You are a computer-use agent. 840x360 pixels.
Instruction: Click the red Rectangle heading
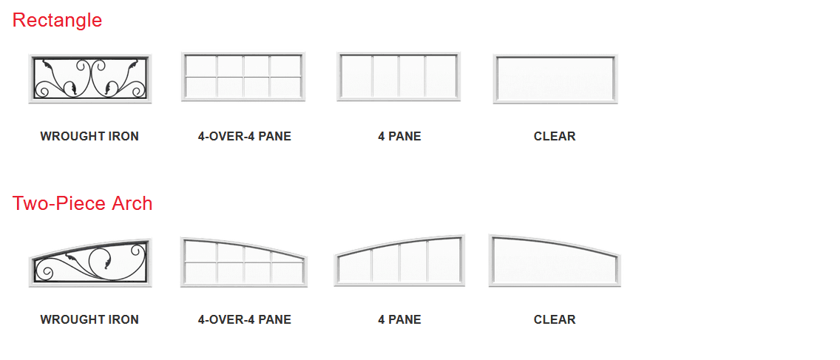[x=57, y=20]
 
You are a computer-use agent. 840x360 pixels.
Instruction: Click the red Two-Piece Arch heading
[x=83, y=203]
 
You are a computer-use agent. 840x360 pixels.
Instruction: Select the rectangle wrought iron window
[x=90, y=78]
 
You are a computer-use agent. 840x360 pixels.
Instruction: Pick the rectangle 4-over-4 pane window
[x=243, y=77]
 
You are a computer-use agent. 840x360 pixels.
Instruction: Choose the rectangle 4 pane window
[x=399, y=77]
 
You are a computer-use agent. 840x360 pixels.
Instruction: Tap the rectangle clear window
[x=555, y=79]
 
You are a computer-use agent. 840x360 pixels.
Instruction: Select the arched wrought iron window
[x=90, y=262]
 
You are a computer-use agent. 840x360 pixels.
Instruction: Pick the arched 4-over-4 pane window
[x=244, y=262]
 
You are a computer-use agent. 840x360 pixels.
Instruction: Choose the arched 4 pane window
[x=399, y=260]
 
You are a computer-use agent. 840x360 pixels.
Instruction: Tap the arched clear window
[x=555, y=260]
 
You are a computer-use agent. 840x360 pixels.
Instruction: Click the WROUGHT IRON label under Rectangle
[x=89, y=136]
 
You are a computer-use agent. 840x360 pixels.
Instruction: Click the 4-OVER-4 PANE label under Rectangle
[x=244, y=136]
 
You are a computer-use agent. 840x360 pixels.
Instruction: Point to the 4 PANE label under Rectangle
[x=399, y=136]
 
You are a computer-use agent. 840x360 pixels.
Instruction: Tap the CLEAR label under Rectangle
[x=555, y=136]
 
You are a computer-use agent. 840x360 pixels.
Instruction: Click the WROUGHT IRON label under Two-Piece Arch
[x=89, y=320]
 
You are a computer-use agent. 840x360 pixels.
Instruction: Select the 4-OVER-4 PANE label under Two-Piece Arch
[x=244, y=320]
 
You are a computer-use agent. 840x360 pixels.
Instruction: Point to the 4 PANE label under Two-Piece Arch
[x=399, y=320]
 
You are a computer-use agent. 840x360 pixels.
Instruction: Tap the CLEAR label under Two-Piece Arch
[x=555, y=320]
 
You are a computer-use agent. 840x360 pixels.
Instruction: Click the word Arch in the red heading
[x=132, y=203]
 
